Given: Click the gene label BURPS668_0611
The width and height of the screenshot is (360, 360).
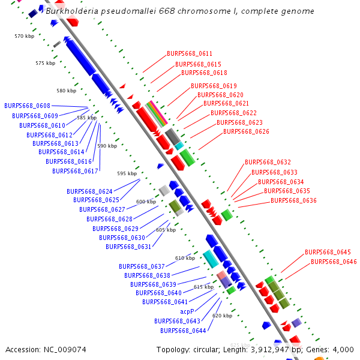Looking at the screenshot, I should pyautogui.click(x=189, y=54).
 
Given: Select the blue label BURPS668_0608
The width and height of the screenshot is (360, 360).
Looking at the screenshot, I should pyautogui.click(x=27, y=106).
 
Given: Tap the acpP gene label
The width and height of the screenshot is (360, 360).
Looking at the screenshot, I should pyautogui.click(x=187, y=312).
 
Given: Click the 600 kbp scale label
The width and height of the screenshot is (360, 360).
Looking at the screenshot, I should pyautogui.click(x=146, y=202).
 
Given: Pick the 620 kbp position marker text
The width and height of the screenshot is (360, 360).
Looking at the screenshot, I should pyautogui.click(x=222, y=316).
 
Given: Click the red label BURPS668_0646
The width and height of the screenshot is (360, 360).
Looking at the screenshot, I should pyautogui.click(x=334, y=262).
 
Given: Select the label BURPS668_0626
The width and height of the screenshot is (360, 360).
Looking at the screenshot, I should pyautogui.click(x=246, y=131).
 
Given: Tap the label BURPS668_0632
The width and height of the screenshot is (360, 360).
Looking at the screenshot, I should pyautogui.click(x=268, y=163).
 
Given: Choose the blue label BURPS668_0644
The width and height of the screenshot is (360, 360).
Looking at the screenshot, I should pyautogui.click(x=183, y=331).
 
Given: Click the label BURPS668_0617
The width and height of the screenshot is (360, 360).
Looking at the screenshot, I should pyautogui.click(x=75, y=171).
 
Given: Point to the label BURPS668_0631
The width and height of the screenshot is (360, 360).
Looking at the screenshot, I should pyautogui.click(x=128, y=247).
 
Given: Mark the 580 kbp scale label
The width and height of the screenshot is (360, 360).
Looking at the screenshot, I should pyautogui.click(x=67, y=91).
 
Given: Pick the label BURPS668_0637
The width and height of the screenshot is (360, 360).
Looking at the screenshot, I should pyautogui.click(x=142, y=266).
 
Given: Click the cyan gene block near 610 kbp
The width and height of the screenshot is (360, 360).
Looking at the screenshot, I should pyautogui.click(x=210, y=259).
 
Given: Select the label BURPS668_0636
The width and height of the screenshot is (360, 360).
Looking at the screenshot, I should pyautogui.click(x=293, y=200).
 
